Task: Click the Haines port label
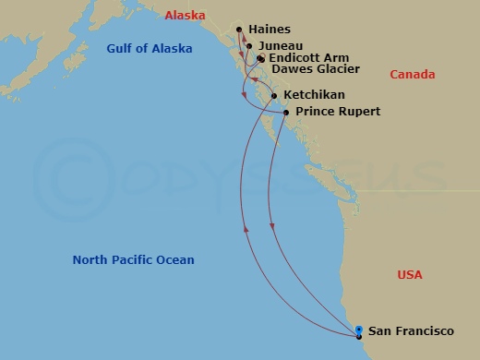pos(270,30)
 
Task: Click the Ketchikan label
pos(315,95)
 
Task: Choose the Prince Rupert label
pos(338,112)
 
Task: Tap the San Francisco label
pos(411,330)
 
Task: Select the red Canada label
pos(413,74)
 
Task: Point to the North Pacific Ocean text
pos(134,260)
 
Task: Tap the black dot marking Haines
pos(240,30)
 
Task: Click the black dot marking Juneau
pos(249,45)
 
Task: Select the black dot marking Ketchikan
pos(275,96)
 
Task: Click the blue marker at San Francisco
pos(358,330)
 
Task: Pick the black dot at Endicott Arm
pos(260,58)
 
